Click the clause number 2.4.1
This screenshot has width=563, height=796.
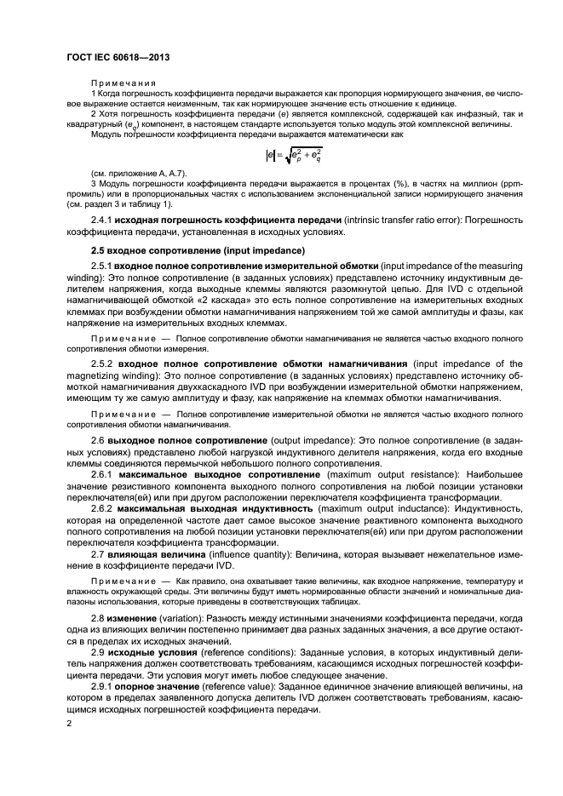pyautogui.click(x=102, y=219)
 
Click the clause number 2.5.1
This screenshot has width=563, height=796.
pyautogui.click(x=102, y=266)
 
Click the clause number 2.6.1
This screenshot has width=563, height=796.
pyautogui.click(x=102, y=473)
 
